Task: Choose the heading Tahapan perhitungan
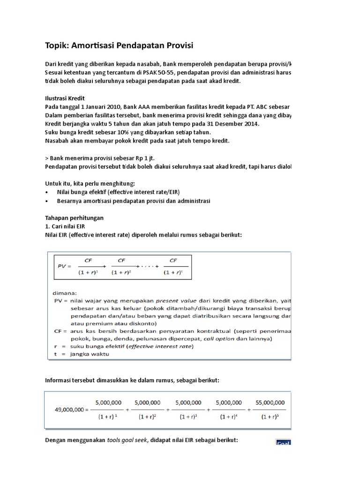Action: [74, 218]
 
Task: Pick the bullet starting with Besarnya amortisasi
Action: [134, 201]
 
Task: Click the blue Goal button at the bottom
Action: [282, 442]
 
